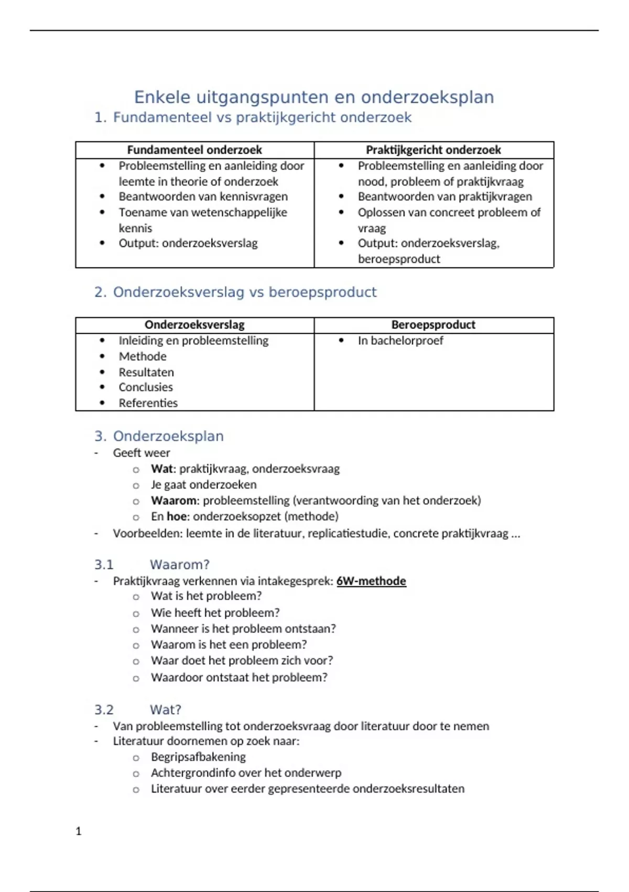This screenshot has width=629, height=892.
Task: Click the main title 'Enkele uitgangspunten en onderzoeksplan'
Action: pyautogui.click(x=314, y=97)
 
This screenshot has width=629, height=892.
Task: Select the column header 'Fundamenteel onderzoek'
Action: pyautogui.click(x=194, y=150)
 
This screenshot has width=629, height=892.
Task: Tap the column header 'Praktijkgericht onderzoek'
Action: pyautogui.click(x=433, y=150)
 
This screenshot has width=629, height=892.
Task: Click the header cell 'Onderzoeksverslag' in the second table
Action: pyautogui.click(x=194, y=325)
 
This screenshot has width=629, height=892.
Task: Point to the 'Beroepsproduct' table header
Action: pyautogui.click(x=433, y=325)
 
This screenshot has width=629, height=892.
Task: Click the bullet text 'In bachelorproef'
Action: pyautogui.click(x=400, y=341)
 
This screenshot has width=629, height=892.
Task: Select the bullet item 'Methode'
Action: pyautogui.click(x=143, y=356)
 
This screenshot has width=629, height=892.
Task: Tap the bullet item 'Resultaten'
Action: pyautogui.click(x=146, y=372)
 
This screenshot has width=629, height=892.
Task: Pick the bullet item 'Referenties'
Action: pyautogui.click(x=148, y=403)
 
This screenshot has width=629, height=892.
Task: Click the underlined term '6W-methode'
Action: pyautogui.click(x=371, y=581)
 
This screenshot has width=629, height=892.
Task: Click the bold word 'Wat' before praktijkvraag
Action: pyautogui.click(x=162, y=469)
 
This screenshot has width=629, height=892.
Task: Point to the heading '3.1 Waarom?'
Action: pyautogui.click(x=152, y=565)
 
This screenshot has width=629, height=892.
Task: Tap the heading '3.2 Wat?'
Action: pyautogui.click(x=138, y=710)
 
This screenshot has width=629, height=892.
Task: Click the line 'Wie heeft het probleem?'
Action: pyautogui.click(x=215, y=613)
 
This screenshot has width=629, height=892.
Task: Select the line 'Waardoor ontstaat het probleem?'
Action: pyautogui.click(x=239, y=677)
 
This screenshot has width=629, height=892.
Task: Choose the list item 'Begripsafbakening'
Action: pyautogui.click(x=198, y=757)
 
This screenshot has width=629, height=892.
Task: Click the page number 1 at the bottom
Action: pyautogui.click(x=79, y=831)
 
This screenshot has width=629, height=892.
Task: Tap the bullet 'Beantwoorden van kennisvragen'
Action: pyautogui.click(x=203, y=197)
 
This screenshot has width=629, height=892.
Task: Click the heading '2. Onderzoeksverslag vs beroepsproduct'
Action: pyautogui.click(x=235, y=292)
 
